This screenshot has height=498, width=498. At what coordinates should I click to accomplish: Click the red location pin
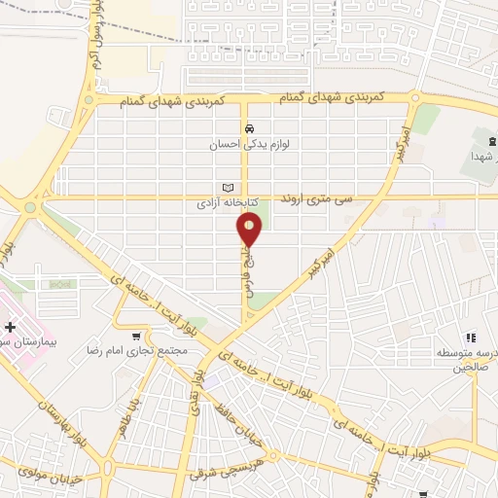(x=250, y=230)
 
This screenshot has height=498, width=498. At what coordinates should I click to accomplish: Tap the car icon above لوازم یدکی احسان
(x=250, y=128)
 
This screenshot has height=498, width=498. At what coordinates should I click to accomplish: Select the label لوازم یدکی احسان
(x=250, y=145)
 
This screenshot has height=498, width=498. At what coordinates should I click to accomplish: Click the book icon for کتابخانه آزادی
(x=229, y=188)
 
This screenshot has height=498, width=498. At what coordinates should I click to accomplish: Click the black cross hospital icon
(x=10, y=327)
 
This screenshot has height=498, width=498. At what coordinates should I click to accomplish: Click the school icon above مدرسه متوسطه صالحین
(x=468, y=337)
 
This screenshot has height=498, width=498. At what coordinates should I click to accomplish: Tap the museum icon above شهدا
(x=491, y=142)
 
